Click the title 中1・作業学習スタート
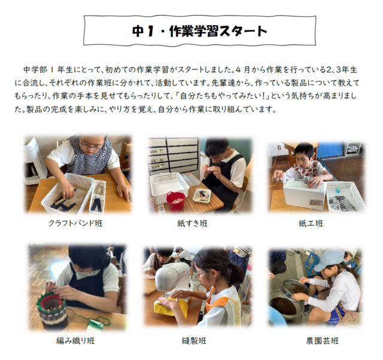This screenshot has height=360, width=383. coord(199,30)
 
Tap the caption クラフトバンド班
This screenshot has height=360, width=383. coord(75,223)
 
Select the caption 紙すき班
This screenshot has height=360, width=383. coord(192,223)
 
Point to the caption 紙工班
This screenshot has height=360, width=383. coord(311,223)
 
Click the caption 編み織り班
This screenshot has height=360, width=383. coord(75,340)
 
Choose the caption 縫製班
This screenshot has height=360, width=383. coord(194,340)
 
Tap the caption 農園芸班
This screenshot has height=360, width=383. coord(323,340)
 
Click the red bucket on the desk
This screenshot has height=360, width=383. coord(176,201)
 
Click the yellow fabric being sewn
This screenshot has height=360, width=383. coord(171,307)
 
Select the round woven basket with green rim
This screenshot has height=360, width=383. coord(51,310)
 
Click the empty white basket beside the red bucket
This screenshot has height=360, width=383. coord(169,185)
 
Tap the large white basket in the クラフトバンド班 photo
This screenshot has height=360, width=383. coord(67,193)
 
